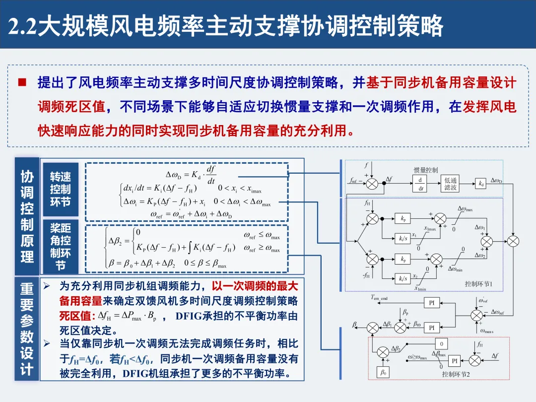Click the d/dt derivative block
pos(421,184)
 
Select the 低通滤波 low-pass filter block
pos(451,184)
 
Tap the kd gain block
pos(480,184)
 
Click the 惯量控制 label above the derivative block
pos(426,170)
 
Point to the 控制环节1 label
pos(478,284)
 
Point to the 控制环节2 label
pos(456,374)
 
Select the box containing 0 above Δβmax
pos(441,343)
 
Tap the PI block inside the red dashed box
pos(454,361)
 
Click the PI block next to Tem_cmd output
pos(432,303)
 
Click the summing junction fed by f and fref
pos(372,184)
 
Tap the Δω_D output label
pos(496,180)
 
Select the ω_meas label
pos(487,331)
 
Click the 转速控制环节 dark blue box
pos(60,189)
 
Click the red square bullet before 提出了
pos(22,82)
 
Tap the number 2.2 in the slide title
pos(23,26)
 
